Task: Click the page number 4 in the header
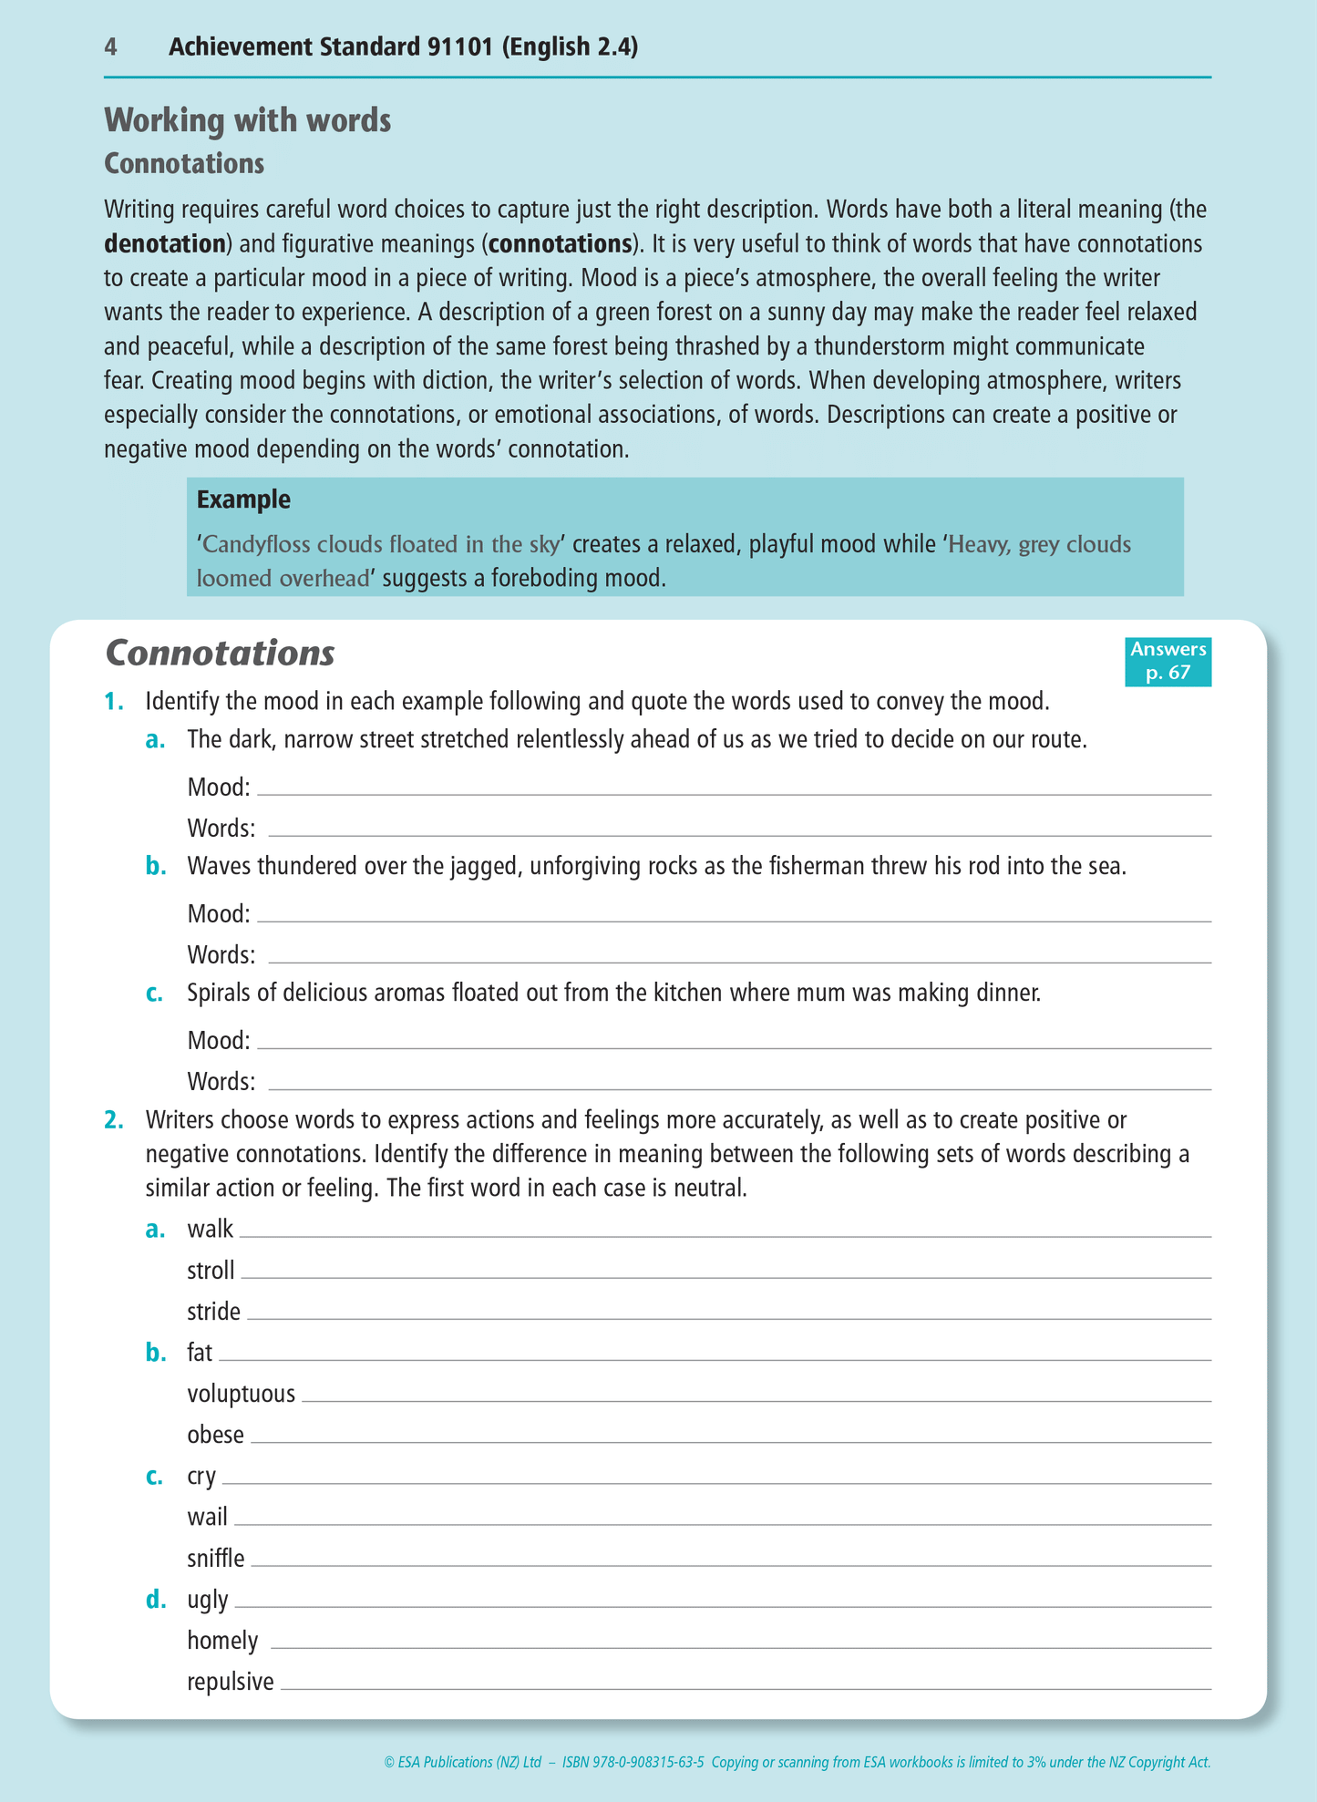110,47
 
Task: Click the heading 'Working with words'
247,120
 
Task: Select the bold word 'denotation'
165,244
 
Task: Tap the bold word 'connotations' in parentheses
561,244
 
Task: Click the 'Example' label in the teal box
243,499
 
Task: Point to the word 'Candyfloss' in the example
257,545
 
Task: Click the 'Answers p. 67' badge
1168,661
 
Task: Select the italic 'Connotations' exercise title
220,653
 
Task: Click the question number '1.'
113,702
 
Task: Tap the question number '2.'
113,1119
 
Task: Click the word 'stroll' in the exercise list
211,1271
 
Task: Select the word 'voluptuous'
241,1394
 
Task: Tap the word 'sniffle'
215,1559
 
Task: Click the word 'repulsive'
230,1682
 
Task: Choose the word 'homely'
222,1641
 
